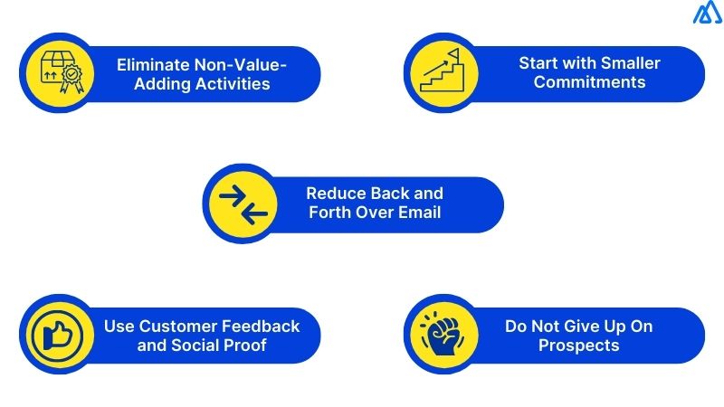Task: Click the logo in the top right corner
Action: tap(707, 13)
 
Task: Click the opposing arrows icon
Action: tap(243, 203)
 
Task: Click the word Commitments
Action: tap(589, 82)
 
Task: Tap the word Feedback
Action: tap(262, 326)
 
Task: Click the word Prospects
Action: tap(578, 345)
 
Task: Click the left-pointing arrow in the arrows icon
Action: tap(252, 213)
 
